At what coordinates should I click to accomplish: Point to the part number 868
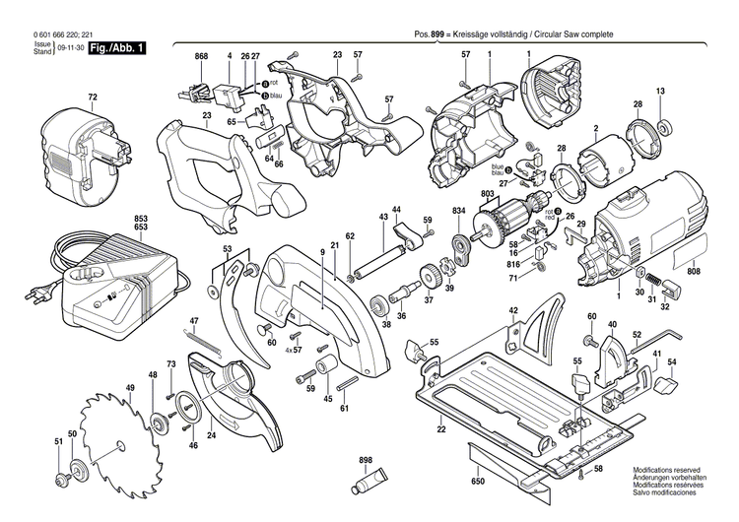click(x=202, y=56)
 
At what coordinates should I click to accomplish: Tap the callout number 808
click(x=695, y=271)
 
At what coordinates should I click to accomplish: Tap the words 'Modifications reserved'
click(x=673, y=470)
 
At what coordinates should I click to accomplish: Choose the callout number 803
click(x=487, y=195)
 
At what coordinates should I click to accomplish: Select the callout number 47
click(x=194, y=321)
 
